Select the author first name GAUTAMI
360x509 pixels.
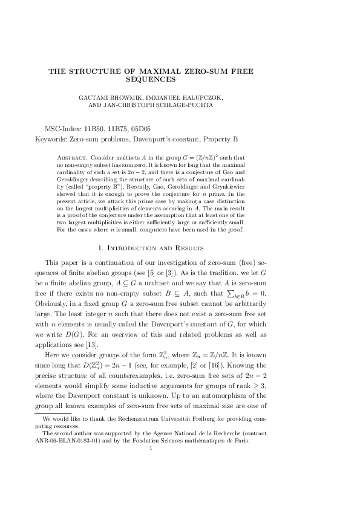(x=96, y=97)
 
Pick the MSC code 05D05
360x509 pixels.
(x=140, y=129)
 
